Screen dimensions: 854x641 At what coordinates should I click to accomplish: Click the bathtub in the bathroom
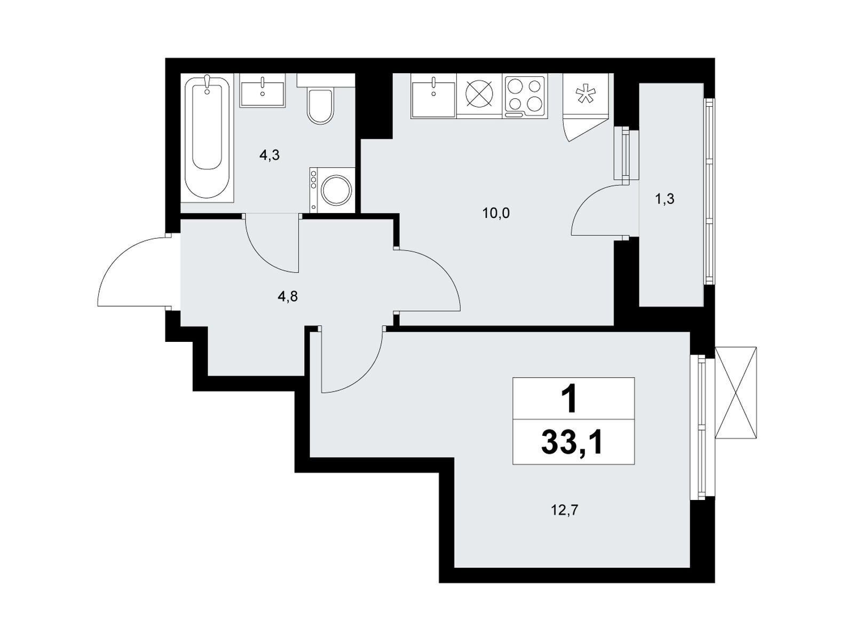click(207, 138)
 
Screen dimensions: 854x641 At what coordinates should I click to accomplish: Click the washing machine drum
click(337, 191)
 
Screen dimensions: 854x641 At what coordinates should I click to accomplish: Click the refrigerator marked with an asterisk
click(585, 95)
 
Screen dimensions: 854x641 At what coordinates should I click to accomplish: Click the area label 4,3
click(270, 155)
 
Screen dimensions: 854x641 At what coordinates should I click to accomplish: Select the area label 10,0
click(496, 213)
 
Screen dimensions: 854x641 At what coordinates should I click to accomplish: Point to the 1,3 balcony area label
click(665, 200)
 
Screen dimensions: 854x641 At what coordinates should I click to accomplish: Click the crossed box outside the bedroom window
click(736, 393)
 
